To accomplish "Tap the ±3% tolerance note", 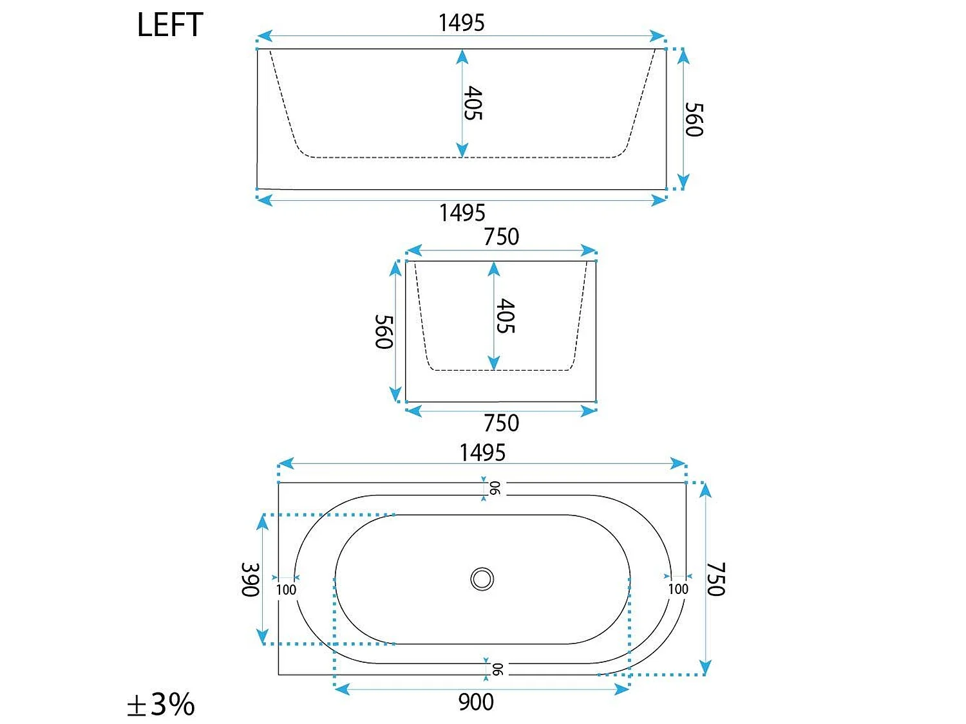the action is coord(160,704).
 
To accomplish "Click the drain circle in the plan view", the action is coord(482,579).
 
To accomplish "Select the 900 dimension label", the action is coord(476,702).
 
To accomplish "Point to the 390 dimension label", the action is coord(251,579).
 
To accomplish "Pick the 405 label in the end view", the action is coord(506,316).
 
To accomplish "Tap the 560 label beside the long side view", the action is coord(694,120).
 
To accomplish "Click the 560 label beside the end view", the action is coord(384,332).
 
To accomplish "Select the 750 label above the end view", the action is coord(501,236).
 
